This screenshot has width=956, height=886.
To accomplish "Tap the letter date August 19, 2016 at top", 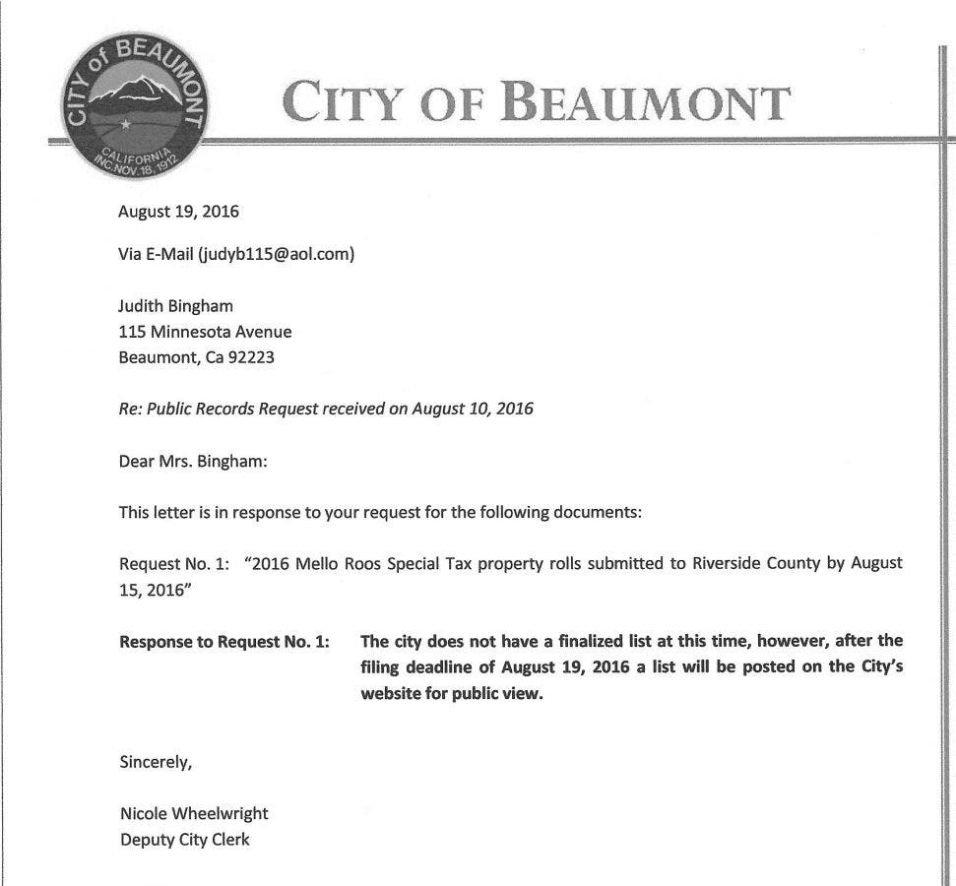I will click(178, 211).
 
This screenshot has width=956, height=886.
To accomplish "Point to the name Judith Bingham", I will click(175, 306).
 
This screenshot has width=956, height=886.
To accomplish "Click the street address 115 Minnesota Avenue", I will click(205, 332).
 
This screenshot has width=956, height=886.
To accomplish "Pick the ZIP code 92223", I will click(251, 357).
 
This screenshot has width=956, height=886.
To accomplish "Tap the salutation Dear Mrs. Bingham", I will click(193, 460).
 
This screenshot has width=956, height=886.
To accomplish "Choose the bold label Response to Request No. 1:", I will click(224, 641).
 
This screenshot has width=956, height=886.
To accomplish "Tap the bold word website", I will click(394, 692).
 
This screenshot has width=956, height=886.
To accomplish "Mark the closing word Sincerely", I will click(155, 761).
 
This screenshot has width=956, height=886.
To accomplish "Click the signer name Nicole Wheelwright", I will click(193, 813).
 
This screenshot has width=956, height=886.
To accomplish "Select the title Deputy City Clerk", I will click(184, 840).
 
